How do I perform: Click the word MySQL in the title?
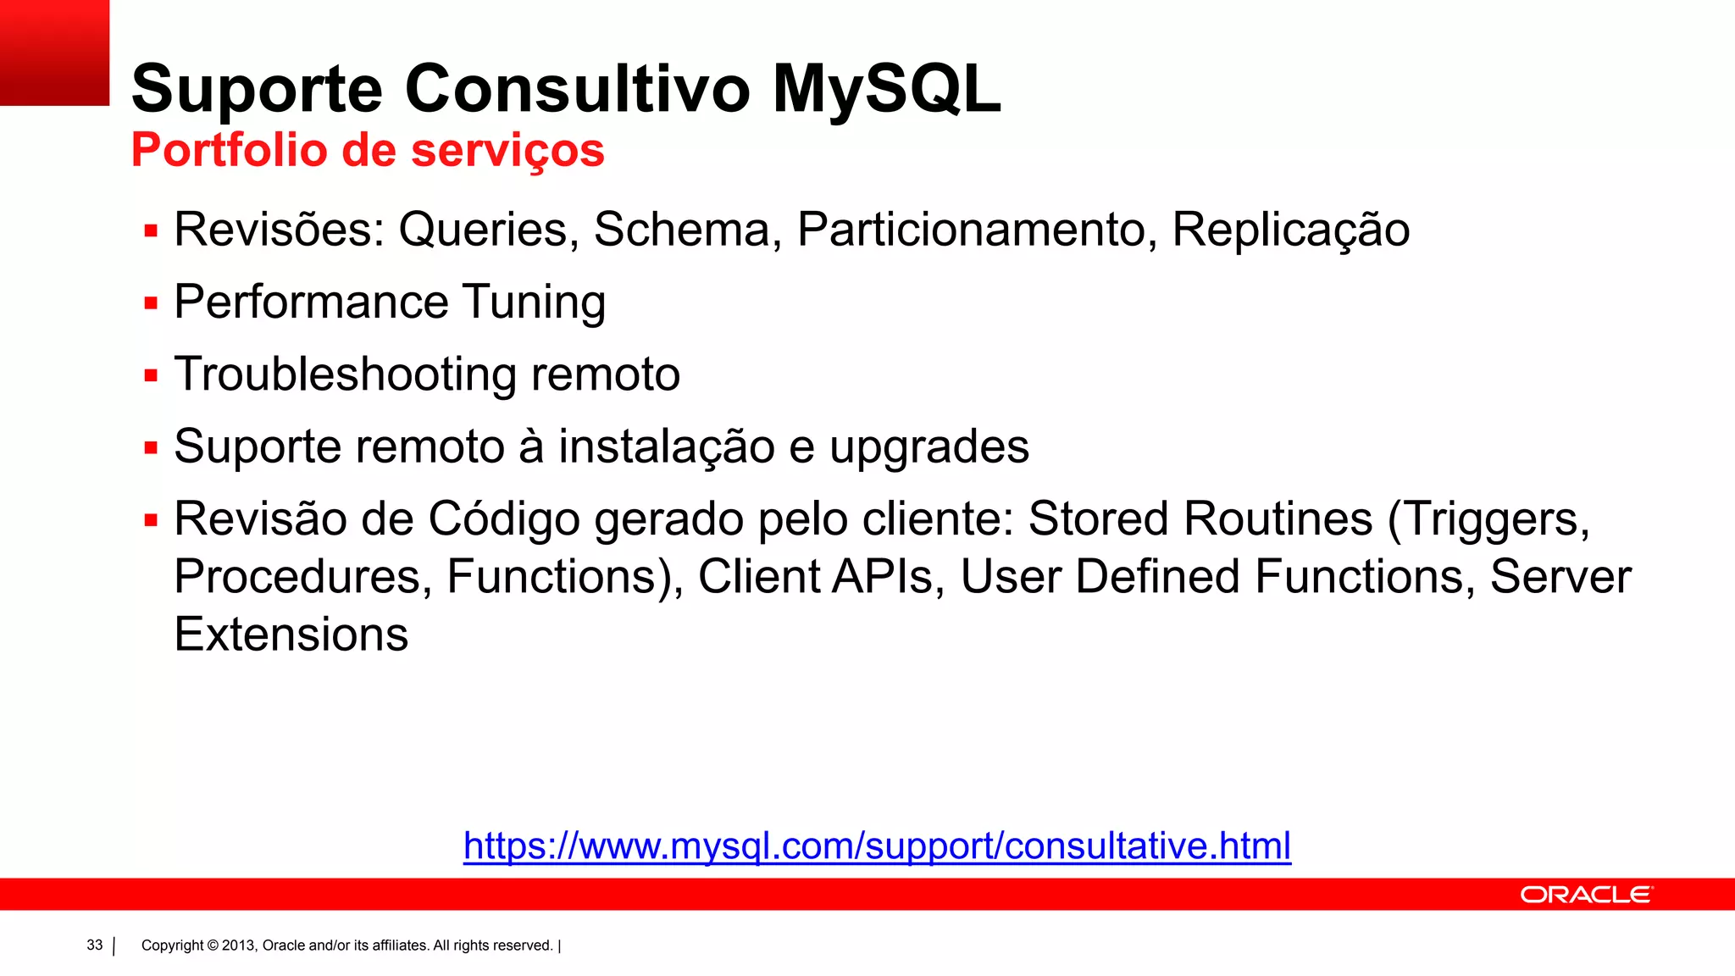(x=886, y=89)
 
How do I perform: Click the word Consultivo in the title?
(x=578, y=89)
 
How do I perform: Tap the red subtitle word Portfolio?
(x=229, y=151)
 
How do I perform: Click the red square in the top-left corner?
(x=54, y=53)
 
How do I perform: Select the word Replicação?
(x=1290, y=230)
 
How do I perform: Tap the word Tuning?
(x=534, y=303)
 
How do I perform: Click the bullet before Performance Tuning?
(x=152, y=303)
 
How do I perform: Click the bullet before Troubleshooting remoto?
(x=152, y=375)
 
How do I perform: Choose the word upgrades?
(x=928, y=447)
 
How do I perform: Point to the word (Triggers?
(x=1488, y=519)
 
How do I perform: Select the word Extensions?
(x=291, y=635)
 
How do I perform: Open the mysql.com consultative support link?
(x=877, y=846)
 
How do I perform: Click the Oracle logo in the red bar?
(x=1585, y=895)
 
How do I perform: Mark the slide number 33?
(x=95, y=945)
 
